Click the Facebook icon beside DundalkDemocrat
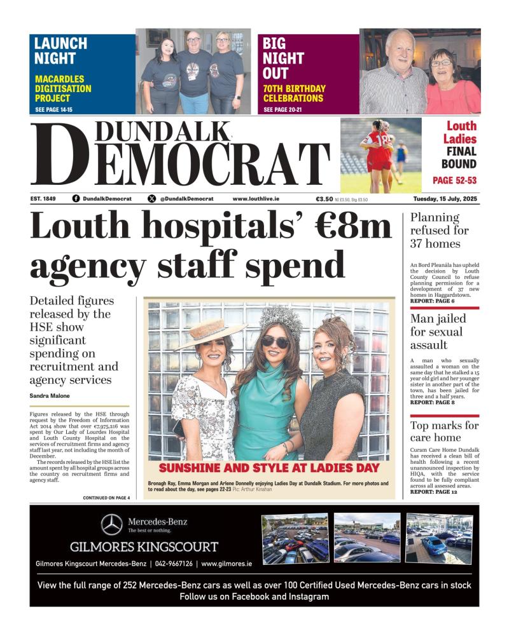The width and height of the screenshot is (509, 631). [76, 199]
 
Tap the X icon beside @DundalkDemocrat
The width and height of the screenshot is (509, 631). [151, 199]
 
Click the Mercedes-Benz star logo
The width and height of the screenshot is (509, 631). [112, 525]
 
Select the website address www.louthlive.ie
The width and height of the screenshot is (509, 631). [256, 199]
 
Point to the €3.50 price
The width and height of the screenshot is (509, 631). [324, 199]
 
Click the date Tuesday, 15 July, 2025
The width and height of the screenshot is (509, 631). [445, 199]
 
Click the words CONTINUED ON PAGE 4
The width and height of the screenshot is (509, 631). [106, 498]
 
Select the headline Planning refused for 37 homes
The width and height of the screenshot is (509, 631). [440, 230]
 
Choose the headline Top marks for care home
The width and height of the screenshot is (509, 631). [444, 431]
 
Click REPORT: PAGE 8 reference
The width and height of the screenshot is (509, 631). [433, 402]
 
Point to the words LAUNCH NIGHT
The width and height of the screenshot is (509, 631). [60, 51]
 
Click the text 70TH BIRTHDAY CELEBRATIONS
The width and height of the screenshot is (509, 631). [294, 93]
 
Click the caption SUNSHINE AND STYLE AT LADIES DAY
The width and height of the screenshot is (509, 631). [268, 468]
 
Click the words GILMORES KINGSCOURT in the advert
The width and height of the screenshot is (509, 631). [144, 546]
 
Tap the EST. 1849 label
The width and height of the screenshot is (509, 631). [43, 199]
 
